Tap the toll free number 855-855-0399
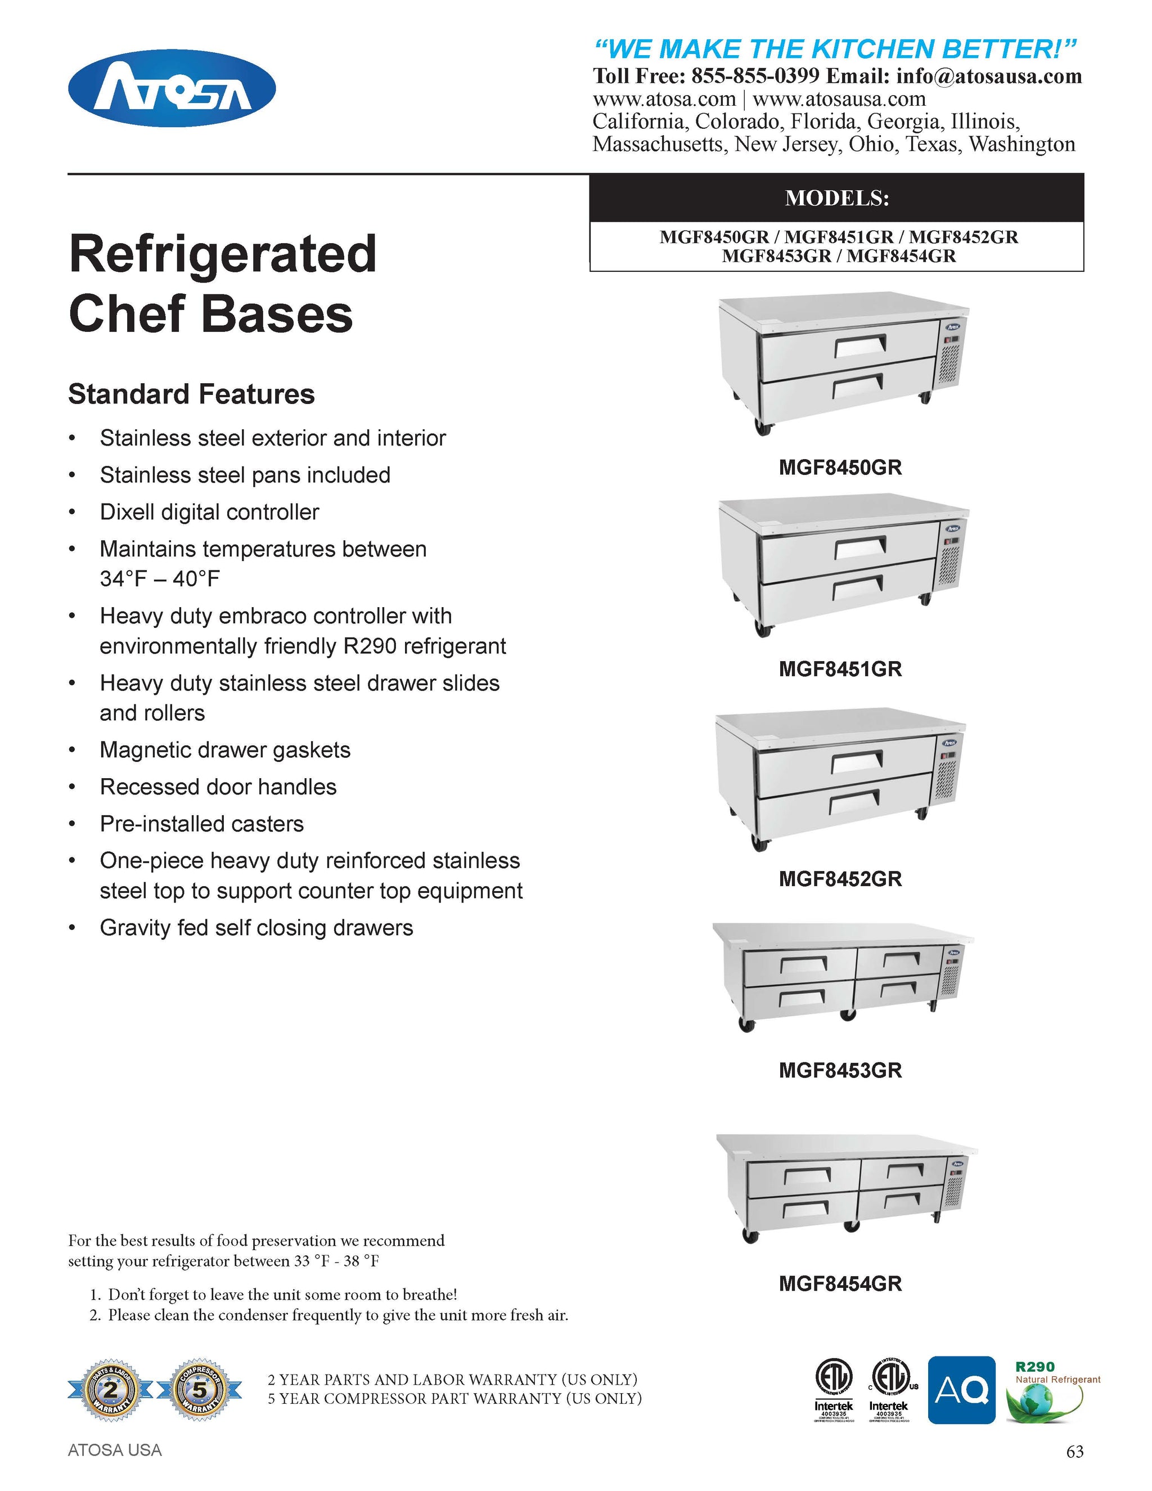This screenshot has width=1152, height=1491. point(755,77)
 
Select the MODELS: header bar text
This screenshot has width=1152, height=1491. point(836,198)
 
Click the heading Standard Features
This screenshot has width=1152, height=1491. point(191,394)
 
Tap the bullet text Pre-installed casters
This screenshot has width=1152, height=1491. point(201,824)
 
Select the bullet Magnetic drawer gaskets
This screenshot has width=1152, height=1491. point(224,749)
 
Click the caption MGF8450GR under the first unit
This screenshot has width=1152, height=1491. point(840,468)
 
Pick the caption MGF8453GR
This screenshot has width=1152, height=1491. point(840,1070)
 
